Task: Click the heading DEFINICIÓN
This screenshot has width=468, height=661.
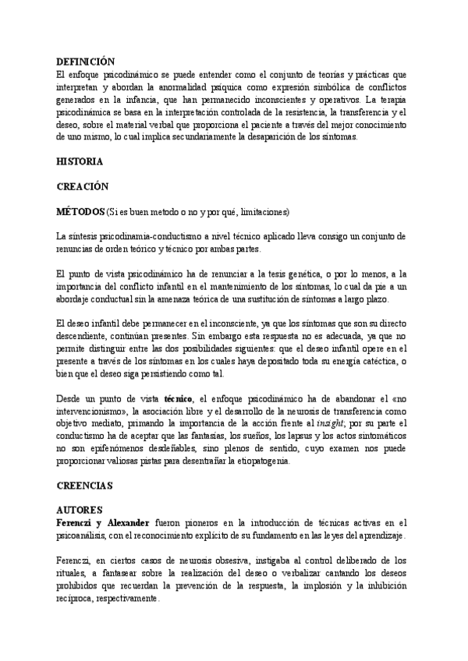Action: (x=86, y=62)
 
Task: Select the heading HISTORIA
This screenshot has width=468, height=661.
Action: (x=80, y=162)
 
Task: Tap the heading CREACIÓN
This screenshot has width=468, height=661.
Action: (x=83, y=187)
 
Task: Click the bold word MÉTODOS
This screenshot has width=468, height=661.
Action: (x=80, y=211)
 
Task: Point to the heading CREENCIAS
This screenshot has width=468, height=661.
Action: (x=85, y=485)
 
